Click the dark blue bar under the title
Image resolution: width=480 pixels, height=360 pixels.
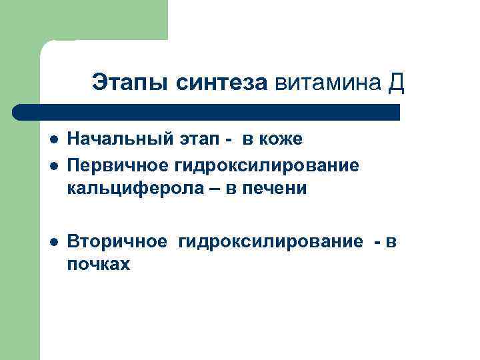[x=207, y=111]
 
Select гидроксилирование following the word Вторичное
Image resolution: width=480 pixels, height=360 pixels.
[x=270, y=241]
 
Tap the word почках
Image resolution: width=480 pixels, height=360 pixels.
[x=98, y=265]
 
